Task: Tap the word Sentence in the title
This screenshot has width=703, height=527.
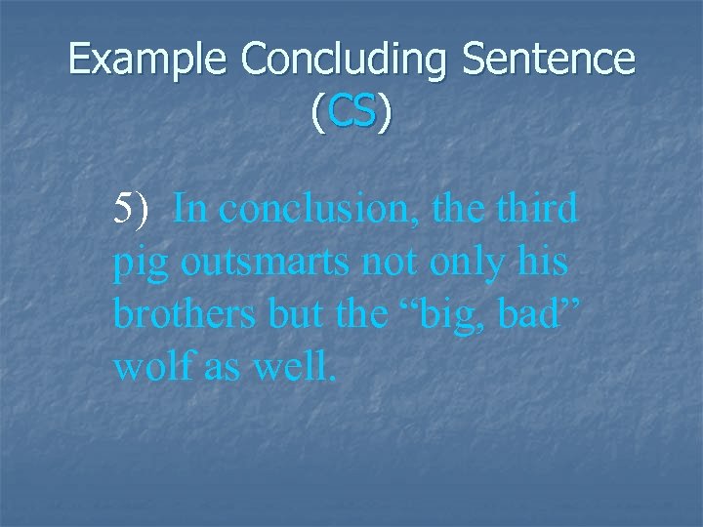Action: (x=550, y=61)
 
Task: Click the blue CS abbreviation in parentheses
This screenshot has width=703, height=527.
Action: (x=352, y=114)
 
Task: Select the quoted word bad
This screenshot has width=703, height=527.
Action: (x=532, y=315)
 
